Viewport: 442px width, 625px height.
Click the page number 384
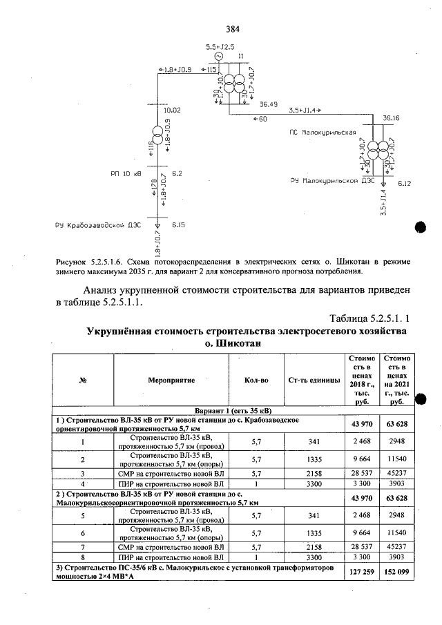tap(232, 29)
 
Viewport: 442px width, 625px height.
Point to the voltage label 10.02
tap(171, 110)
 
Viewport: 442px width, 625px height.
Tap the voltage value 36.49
tap(269, 104)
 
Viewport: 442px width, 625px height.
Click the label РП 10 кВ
tap(126, 173)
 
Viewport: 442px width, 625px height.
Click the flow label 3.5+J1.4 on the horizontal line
tap(302, 110)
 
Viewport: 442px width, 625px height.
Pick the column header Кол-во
tap(256, 380)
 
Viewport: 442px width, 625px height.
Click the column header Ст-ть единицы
tap(314, 380)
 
